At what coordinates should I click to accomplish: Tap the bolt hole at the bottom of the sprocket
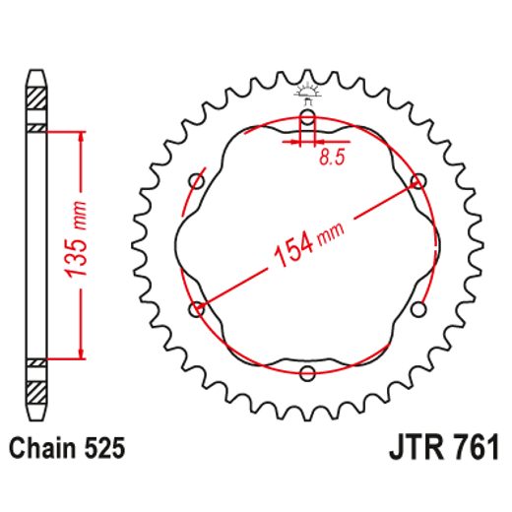[308, 372]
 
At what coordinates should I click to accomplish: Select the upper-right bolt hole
[418, 181]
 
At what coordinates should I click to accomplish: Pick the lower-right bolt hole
[418, 310]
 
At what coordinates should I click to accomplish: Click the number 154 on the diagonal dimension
[291, 252]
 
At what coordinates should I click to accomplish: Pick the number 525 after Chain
[105, 449]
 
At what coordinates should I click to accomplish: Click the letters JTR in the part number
[406, 449]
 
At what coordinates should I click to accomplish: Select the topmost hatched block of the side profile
[36, 99]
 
